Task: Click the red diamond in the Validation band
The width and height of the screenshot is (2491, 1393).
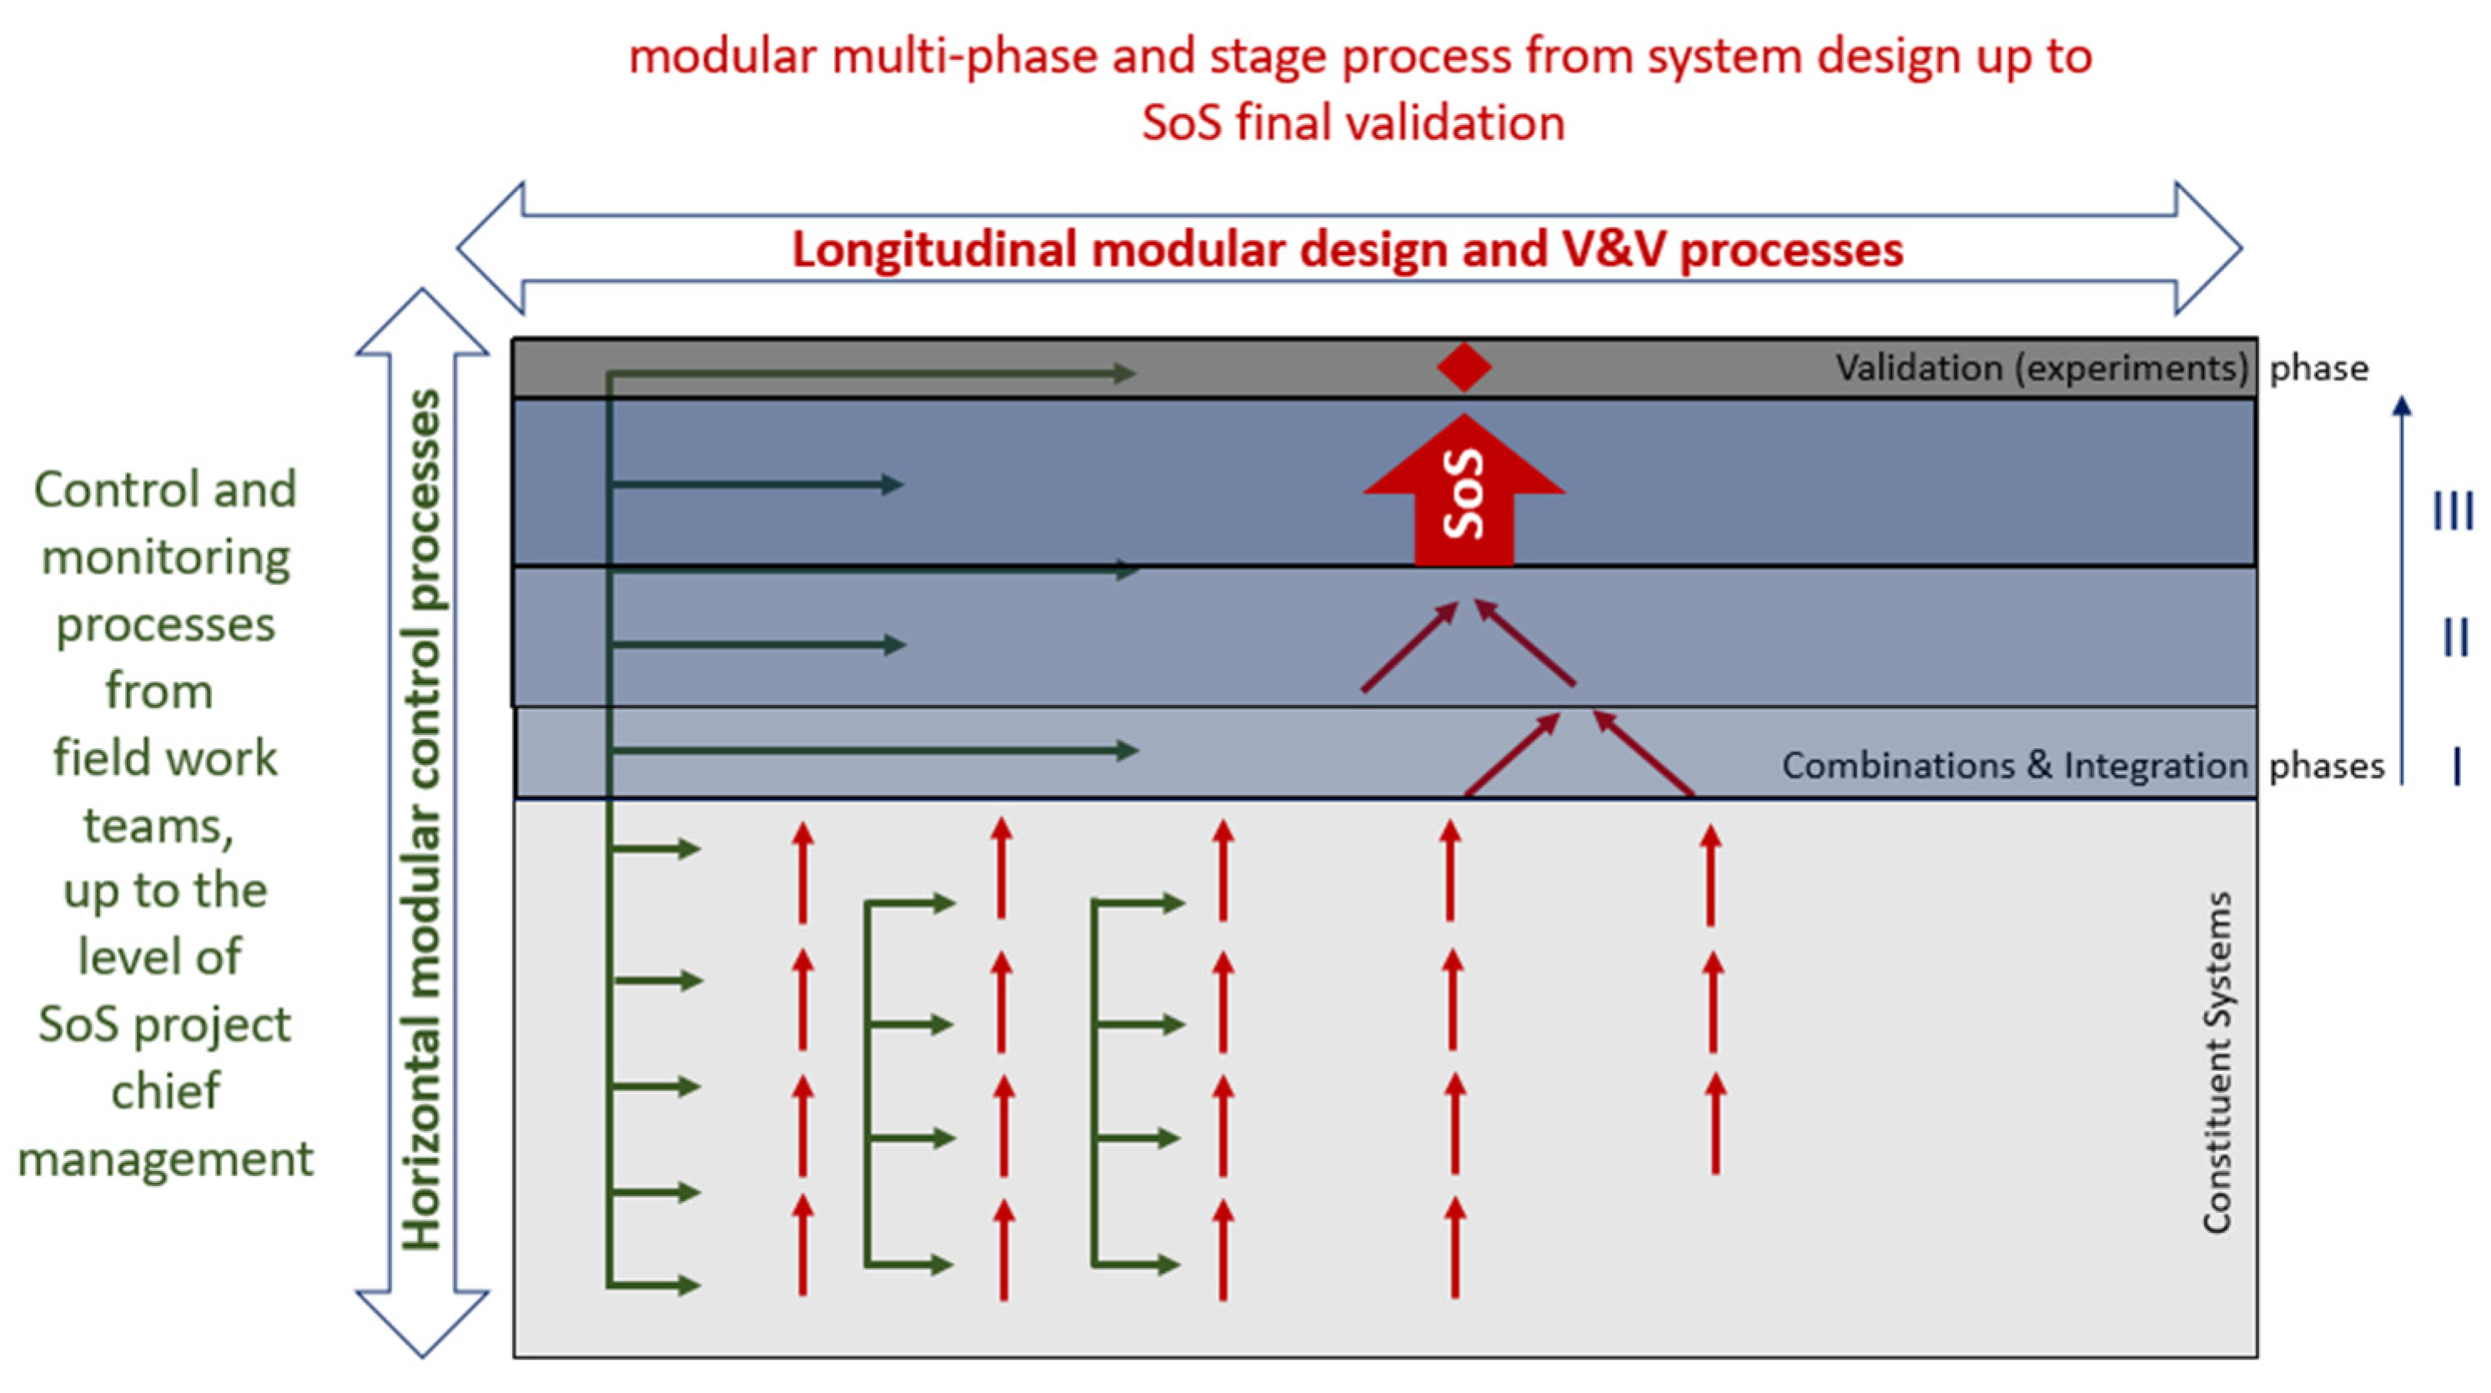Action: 1464,368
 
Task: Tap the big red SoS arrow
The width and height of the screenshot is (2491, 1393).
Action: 1464,493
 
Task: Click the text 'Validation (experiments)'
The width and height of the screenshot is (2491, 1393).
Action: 2042,369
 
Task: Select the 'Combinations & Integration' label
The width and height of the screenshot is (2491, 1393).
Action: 2014,766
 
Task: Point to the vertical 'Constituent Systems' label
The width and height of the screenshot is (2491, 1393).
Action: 2217,1062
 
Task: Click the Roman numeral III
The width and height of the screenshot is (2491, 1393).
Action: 2453,510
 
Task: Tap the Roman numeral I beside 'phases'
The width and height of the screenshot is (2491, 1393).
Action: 2457,766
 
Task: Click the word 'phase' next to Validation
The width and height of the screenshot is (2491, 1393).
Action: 2319,369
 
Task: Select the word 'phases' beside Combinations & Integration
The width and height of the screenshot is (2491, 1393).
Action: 2327,766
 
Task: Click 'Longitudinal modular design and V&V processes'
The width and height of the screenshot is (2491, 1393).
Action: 1348,249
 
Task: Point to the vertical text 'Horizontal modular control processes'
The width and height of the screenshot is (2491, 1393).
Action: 423,820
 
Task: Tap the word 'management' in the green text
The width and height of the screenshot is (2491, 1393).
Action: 165,1158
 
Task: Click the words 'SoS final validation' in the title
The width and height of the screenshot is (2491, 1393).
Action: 1353,123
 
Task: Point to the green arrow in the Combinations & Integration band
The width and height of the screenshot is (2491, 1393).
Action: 871,750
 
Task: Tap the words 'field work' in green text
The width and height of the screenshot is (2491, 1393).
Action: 165,757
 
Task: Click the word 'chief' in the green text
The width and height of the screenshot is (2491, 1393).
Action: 165,1091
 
